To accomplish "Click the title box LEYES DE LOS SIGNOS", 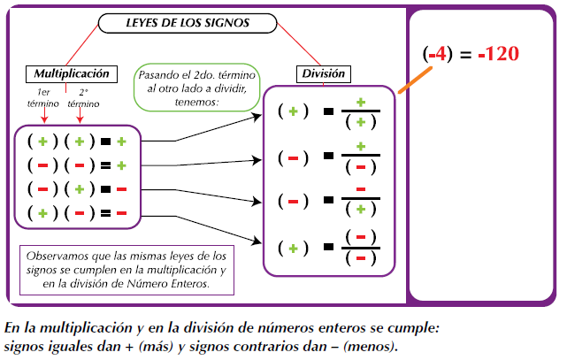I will pyautogui.click(x=187, y=23).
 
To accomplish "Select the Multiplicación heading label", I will pyautogui.click(x=72, y=73).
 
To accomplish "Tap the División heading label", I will pyautogui.click(x=321, y=74).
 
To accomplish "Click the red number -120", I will pyautogui.click(x=494, y=54).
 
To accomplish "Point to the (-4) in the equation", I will pyautogui.click(x=437, y=54).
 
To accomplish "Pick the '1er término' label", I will pyautogui.click(x=42, y=97).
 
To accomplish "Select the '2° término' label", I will pyautogui.click(x=83, y=97).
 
